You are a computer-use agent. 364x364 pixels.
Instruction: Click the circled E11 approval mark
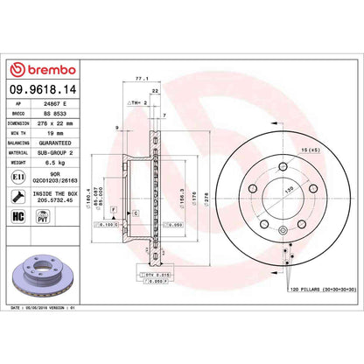click(x=20, y=178)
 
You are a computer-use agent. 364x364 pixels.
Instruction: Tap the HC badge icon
click(x=19, y=215)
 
